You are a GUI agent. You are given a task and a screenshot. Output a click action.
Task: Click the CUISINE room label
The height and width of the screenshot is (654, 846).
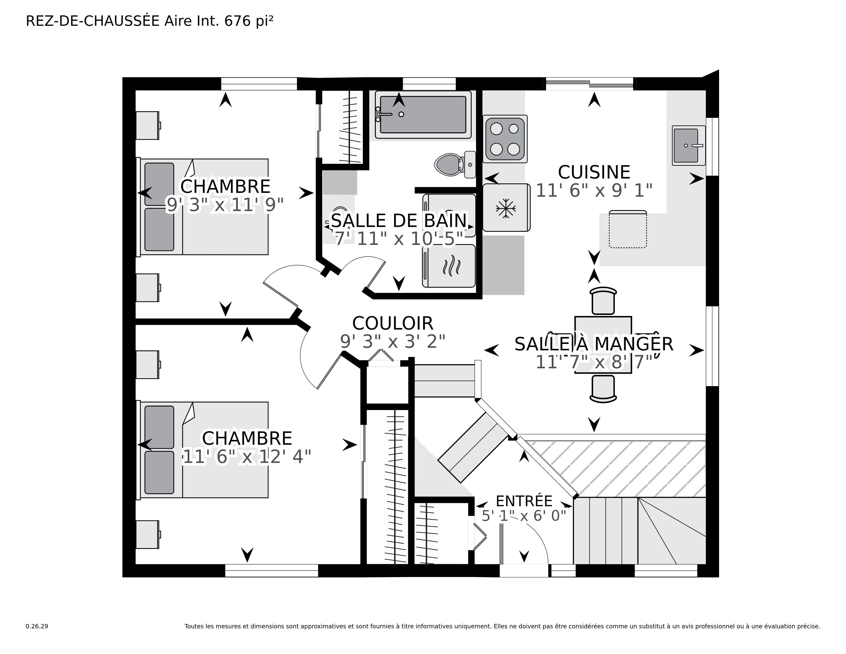594,172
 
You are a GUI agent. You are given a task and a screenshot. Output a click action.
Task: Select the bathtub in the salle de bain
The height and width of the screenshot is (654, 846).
423,115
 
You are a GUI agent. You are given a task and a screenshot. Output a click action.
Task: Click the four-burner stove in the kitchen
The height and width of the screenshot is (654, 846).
505,139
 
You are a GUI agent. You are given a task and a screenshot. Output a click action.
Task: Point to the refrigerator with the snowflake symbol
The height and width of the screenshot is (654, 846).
506,208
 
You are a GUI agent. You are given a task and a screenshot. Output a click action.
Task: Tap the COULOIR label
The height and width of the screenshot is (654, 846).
392,323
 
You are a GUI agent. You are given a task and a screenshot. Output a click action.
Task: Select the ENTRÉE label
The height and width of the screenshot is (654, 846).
524,501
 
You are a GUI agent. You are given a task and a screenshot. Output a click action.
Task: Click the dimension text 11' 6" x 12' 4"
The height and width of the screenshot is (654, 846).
247,457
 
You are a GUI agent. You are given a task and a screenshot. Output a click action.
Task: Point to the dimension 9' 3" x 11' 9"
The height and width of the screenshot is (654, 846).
225,205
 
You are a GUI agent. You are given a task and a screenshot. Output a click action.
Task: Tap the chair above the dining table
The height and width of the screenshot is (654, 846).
603,301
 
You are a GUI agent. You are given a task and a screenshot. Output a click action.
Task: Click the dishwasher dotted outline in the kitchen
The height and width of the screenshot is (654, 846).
628,229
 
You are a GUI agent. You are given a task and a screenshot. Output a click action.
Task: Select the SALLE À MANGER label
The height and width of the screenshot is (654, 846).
594,344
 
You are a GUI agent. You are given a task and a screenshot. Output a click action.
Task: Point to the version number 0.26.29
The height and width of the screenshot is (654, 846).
37,626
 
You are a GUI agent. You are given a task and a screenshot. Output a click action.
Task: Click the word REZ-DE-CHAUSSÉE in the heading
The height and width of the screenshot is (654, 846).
93,21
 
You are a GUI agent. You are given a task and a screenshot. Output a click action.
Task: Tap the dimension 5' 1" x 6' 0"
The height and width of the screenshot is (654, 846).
524,516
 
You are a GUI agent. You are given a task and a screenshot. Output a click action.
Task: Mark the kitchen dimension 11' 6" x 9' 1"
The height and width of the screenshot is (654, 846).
594,191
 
